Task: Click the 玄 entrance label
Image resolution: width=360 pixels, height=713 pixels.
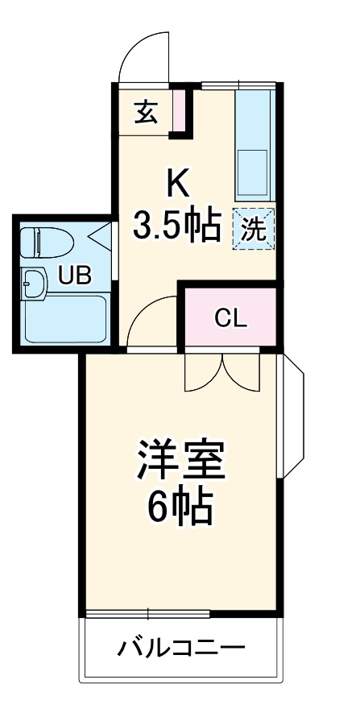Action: (145, 112)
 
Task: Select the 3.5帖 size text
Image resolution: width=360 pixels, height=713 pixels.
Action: (177, 226)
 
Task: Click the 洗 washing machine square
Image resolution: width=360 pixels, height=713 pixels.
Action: (254, 229)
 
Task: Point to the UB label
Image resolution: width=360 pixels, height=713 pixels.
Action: (74, 276)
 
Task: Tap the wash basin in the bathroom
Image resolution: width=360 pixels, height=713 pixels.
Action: (35, 283)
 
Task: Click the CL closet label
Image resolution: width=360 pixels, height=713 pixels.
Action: (231, 317)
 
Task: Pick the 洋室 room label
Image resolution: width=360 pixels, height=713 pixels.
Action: (180, 461)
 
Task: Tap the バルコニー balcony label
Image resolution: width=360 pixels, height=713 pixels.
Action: (181, 647)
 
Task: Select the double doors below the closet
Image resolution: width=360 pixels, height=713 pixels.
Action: (221, 372)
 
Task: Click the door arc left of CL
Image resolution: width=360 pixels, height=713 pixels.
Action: (151, 322)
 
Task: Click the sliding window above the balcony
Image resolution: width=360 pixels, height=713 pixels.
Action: (182, 615)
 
